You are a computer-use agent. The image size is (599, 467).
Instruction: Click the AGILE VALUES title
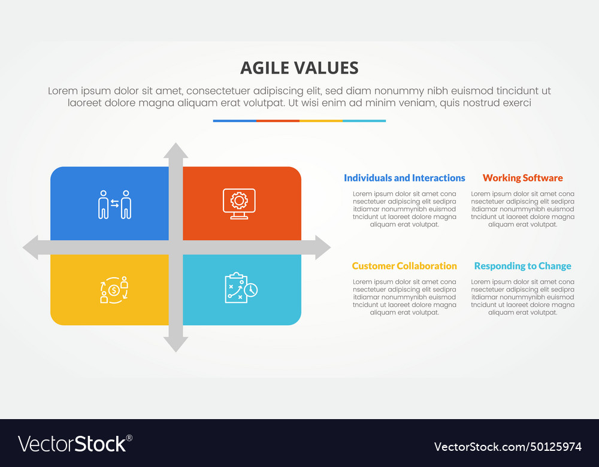(x=299, y=68)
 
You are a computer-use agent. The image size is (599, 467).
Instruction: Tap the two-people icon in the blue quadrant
(x=114, y=204)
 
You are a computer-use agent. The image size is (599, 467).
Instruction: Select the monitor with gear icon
(x=239, y=204)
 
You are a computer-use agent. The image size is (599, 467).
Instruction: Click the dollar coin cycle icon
(x=114, y=290)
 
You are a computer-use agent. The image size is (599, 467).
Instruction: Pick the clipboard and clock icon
(x=241, y=288)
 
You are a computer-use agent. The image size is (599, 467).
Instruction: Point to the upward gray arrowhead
(x=176, y=151)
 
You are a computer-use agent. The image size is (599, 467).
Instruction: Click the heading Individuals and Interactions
(x=404, y=178)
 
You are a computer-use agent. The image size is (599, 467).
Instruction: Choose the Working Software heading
(x=522, y=178)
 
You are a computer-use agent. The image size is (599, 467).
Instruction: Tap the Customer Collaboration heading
(x=404, y=266)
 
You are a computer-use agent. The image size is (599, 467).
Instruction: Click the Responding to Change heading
(x=522, y=266)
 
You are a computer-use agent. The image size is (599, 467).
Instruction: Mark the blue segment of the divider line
(x=234, y=121)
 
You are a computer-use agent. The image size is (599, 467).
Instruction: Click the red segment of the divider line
(x=277, y=121)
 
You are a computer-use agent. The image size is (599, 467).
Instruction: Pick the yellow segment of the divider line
(x=320, y=121)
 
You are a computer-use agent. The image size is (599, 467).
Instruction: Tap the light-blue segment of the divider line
(x=364, y=121)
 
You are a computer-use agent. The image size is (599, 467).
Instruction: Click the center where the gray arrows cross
(x=176, y=247)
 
